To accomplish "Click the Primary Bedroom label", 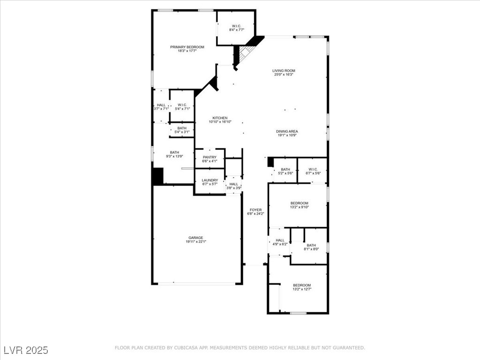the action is [x=187, y=47].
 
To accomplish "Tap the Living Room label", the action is [x=284, y=71].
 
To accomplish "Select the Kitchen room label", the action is [x=220, y=118].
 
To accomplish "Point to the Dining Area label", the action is [x=287, y=131].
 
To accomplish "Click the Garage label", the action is [x=195, y=238].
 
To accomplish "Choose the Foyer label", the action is [x=255, y=210].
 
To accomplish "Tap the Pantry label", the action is [x=210, y=157].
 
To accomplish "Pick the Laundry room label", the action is [x=210, y=180].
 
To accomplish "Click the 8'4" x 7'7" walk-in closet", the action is [x=237, y=28].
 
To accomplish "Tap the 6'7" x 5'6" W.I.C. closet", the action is [x=313, y=171].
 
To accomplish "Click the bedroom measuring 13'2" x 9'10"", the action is [x=300, y=205].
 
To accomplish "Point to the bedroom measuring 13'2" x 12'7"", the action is [x=302, y=287].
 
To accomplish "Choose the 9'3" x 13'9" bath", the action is [x=174, y=154].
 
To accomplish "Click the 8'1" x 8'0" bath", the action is [x=311, y=247].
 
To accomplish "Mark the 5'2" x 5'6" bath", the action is [x=285, y=171].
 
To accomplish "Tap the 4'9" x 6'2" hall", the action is [x=280, y=242].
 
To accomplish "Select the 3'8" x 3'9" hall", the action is [x=233, y=186].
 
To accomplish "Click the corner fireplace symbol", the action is [x=245, y=52].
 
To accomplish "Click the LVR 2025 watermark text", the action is [x=26, y=350].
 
